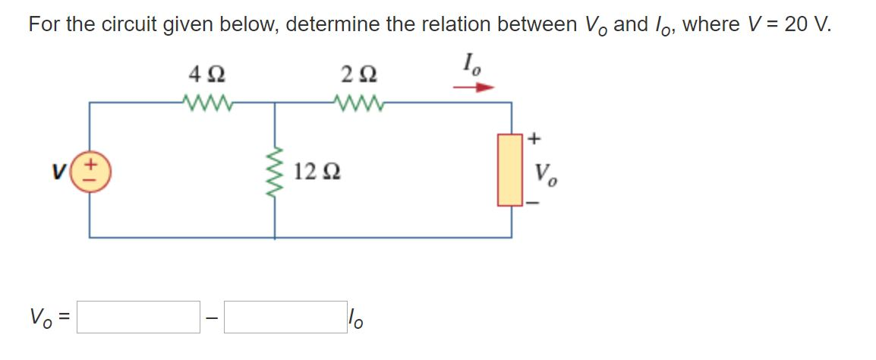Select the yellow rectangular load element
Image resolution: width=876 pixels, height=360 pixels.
pyautogui.click(x=509, y=169)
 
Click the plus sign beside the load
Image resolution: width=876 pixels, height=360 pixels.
pyautogui.click(x=534, y=138)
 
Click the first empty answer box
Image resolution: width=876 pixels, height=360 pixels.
pyautogui.click(x=138, y=317)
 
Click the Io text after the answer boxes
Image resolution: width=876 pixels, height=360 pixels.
pyautogui.click(x=355, y=318)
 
